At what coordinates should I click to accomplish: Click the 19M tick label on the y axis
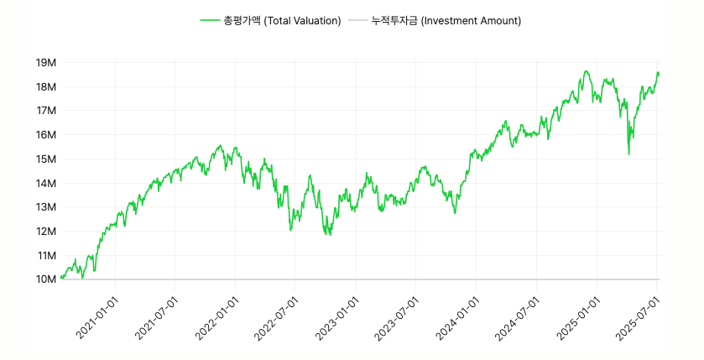45,63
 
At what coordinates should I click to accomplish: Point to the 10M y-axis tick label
45,279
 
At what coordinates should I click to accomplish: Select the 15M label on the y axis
45,159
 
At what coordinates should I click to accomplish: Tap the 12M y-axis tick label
45,232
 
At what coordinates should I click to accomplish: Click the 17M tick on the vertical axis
45,111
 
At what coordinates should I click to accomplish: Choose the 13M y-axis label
45,207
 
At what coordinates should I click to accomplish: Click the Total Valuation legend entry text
282,20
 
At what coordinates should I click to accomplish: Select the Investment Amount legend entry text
446,20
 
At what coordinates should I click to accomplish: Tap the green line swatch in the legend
210,20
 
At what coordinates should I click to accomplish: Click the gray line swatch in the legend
357,20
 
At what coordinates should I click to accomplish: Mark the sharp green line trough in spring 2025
628,154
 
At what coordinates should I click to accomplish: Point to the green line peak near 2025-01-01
587,71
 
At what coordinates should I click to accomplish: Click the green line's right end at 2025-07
659,74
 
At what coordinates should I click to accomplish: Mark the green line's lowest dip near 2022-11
330,235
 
